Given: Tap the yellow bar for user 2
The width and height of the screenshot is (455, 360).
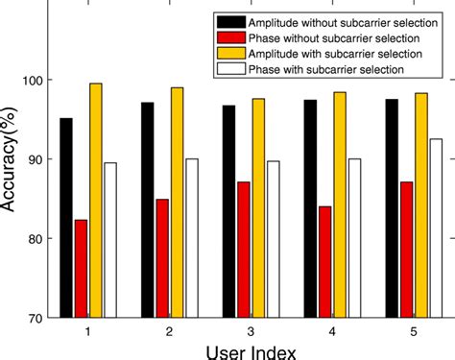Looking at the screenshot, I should tap(177, 202).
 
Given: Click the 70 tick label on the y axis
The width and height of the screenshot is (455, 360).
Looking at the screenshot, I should tap(38, 317).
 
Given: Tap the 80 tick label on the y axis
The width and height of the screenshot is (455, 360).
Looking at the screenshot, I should tap(38, 238).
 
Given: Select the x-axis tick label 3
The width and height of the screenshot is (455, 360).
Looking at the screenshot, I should tap(251, 330).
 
